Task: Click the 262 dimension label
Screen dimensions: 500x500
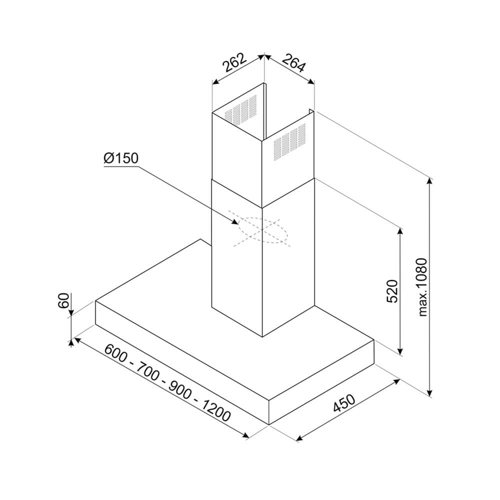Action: (234, 62)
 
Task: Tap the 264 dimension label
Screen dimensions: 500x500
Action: (294, 63)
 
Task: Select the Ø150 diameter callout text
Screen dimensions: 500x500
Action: (121, 158)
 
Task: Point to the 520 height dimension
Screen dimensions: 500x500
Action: (392, 291)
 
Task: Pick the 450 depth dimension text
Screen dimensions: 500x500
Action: (344, 403)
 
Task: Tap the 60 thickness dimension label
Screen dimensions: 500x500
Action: (63, 300)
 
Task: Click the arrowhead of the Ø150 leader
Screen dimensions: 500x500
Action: (235, 221)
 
